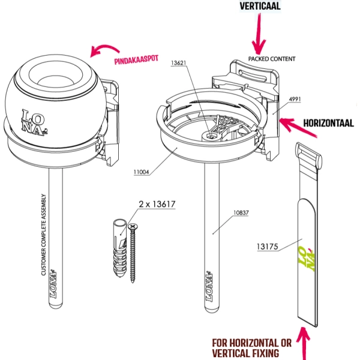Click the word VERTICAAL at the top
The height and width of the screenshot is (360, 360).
coord(260,6)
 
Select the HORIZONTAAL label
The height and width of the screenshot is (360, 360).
coord(328,123)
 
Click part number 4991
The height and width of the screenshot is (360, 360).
coord(295,98)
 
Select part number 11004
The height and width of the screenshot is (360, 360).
coord(142,172)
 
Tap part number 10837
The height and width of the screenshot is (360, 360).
coord(242,212)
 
